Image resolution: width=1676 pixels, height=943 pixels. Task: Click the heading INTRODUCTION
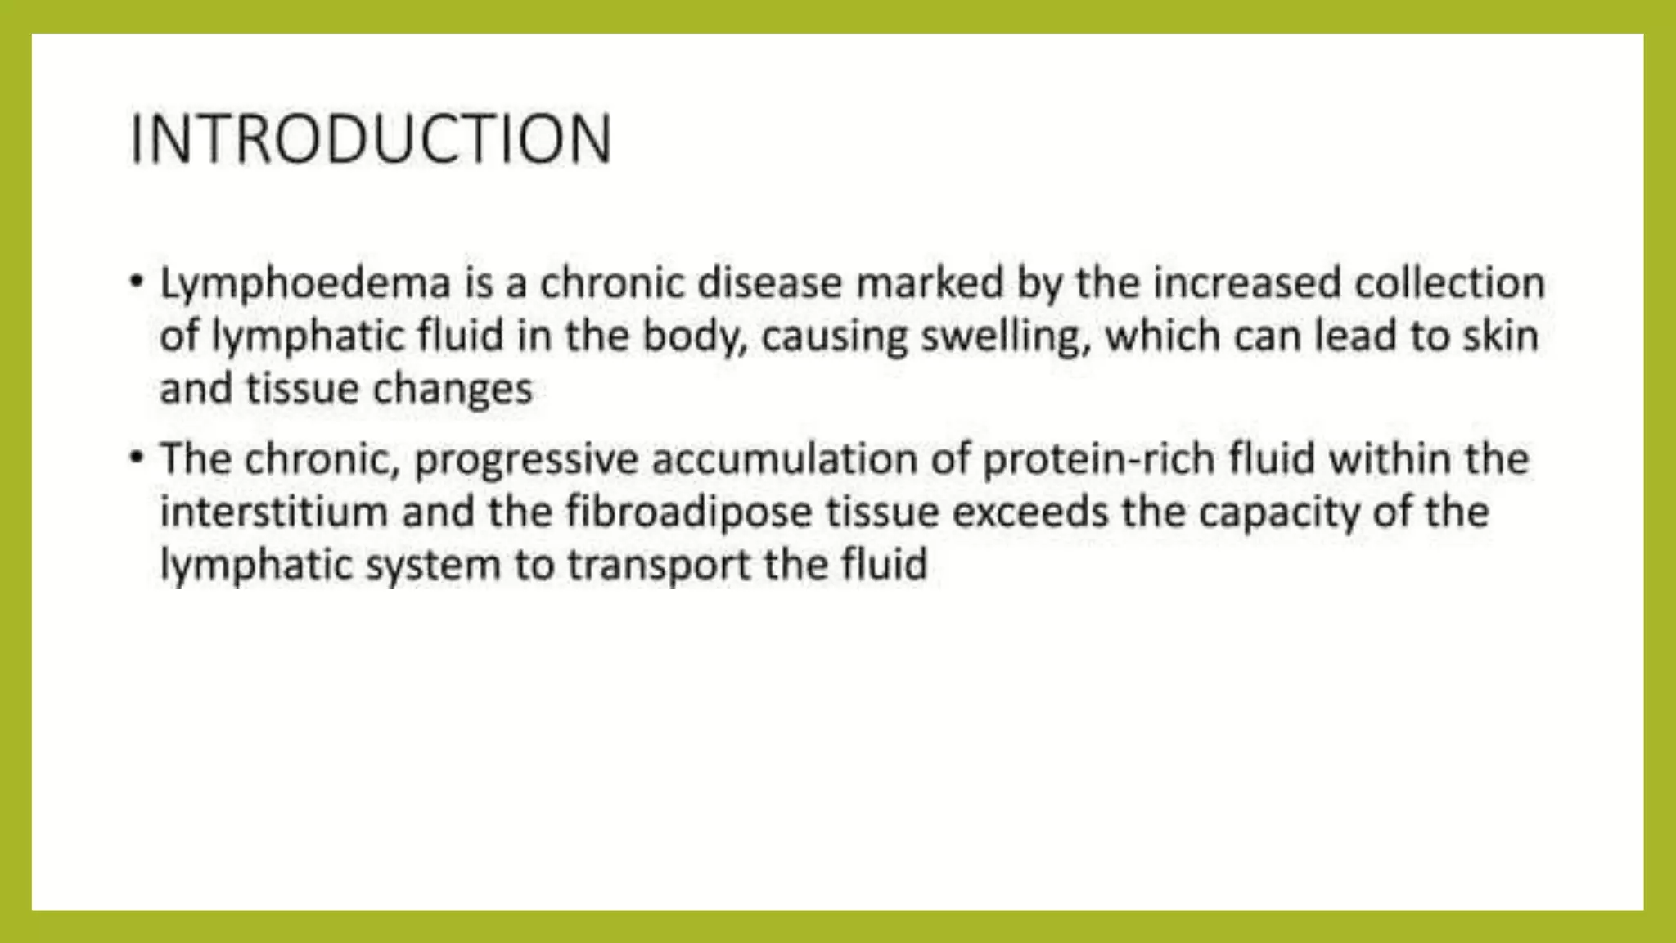tap(371, 139)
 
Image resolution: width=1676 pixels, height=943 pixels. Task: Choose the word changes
tap(452, 389)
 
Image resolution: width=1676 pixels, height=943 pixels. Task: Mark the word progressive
tap(525, 460)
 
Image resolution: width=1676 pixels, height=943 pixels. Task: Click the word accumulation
tap(784, 458)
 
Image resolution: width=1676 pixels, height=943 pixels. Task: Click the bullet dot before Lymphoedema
tap(136, 282)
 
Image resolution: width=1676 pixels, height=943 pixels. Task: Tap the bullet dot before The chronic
tap(136, 457)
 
